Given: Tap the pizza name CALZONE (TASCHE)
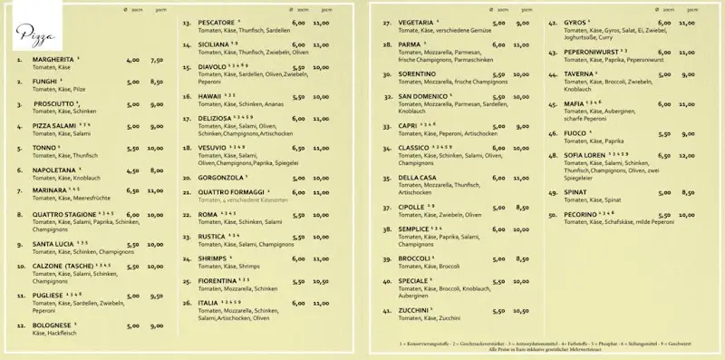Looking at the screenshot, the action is (63, 267).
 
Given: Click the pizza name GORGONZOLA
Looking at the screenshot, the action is (222, 178).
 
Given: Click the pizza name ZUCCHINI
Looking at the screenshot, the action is (413, 310).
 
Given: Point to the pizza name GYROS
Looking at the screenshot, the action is (575, 22).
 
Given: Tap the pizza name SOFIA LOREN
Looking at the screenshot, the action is (585, 155).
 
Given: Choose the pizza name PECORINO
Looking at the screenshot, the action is (582, 214).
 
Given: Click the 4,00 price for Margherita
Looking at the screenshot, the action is (133, 61).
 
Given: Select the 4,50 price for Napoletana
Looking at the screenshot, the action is (133, 170).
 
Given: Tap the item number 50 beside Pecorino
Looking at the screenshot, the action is (553, 214).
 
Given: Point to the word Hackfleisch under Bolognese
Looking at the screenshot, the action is (61, 333).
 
